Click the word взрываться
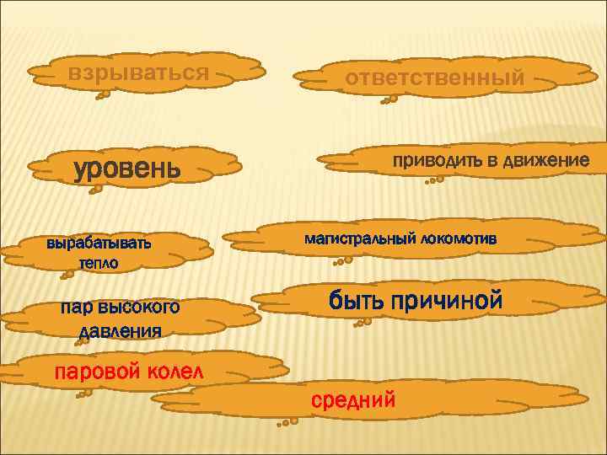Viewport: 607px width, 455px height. pos(138,72)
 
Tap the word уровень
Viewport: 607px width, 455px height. pos(127,168)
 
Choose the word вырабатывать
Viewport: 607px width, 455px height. pos(99,244)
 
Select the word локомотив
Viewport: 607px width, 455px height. pos(460,239)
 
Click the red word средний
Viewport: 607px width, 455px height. pos(353,400)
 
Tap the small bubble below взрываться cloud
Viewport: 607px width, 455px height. pos(104,95)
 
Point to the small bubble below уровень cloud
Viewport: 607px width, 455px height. pos(95,190)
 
